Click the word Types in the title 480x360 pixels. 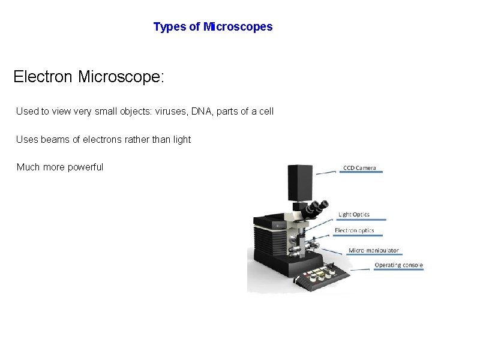169,27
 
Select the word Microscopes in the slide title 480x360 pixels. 238,27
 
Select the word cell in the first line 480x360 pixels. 265,112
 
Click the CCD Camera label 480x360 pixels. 359,167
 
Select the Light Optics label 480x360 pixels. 354,214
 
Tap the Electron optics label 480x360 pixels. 354,230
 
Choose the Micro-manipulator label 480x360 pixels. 374,250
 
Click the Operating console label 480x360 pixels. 398,265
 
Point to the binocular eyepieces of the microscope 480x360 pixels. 317,209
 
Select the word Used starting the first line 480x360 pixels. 26,112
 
